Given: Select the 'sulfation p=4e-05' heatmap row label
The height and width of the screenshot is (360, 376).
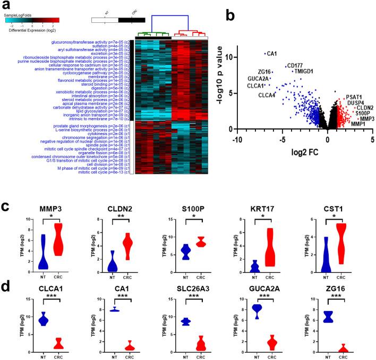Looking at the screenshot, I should (95, 46).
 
